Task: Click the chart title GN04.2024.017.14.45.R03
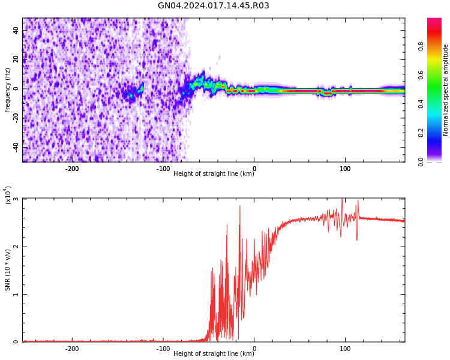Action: coord(213,6)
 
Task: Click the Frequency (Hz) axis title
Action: coord(8,90)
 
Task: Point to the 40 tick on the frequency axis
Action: coord(16,31)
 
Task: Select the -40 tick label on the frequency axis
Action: coord(15,147)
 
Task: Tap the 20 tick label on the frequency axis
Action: coord(16,60)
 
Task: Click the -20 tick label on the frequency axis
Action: coord(15,118)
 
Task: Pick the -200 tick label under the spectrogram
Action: coord(71,169)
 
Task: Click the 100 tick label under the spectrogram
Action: coord(345,169)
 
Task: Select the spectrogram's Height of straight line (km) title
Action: coord(214,174)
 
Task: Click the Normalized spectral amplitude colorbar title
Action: coord(446,90)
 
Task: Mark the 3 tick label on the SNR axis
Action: coord(16,199)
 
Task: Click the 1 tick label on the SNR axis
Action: coord(16,294)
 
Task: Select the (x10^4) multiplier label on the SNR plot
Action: coord(8,195)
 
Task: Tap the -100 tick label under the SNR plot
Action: coord(163,349)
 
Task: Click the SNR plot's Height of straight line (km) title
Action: coord(214,354)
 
